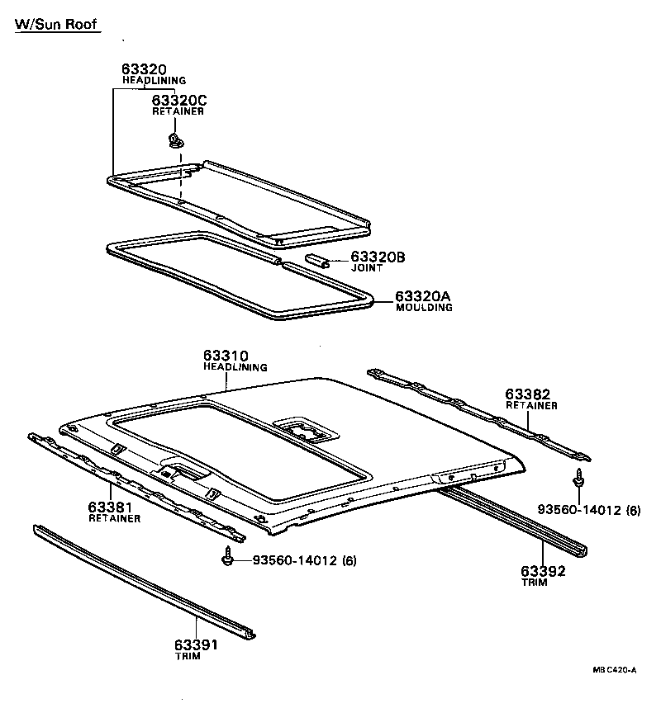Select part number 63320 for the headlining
(145, 69)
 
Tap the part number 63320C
(179, 101)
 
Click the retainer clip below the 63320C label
(175, 138)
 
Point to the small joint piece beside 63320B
(317, 261)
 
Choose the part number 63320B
(378, 257)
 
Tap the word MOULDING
(424, 308)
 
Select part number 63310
(226, 356)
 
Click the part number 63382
(528, 394)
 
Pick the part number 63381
(112, 507)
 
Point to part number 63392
(543, 570)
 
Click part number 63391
(196, 644)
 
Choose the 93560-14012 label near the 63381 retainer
(294, 561)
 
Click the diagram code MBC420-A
(613, 671)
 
